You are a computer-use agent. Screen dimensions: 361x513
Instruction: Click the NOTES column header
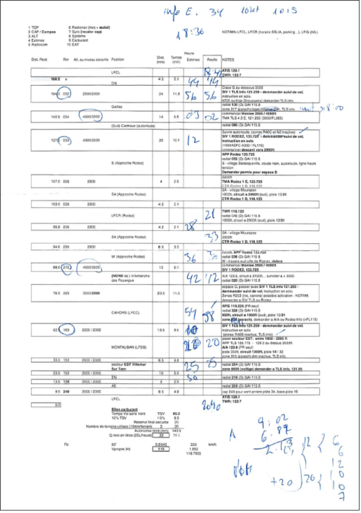[x=229, y=59]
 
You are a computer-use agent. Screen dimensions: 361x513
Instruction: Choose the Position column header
[x=118, y=59]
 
